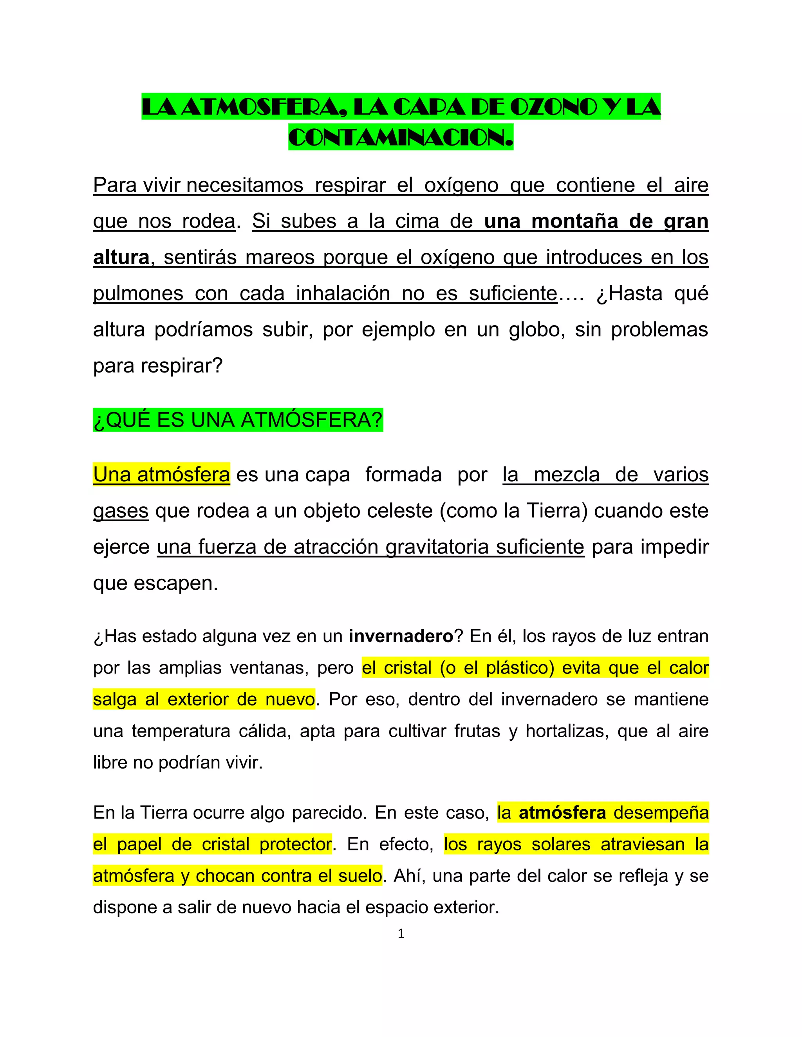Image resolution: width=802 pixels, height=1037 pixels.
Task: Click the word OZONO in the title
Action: [553, 107]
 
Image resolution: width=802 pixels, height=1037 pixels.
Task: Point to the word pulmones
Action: [138, 293]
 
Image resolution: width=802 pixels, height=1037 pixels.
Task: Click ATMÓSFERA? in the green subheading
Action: [312, 420]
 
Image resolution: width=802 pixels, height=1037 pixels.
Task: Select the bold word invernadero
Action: [401, 636]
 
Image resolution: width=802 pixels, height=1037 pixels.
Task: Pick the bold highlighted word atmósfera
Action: [562, 812]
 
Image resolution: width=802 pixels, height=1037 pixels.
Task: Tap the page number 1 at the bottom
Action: [401, 934]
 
